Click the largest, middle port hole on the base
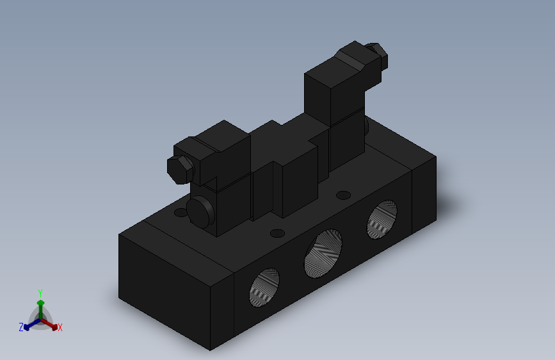[323, 252]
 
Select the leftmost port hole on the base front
[264, 286]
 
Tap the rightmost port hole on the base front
[382, 218]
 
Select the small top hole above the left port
[277, 233]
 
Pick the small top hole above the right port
[344, 195]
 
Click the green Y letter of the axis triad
[40, 291]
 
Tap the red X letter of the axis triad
[60, 328]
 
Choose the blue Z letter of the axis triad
[20, 327]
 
